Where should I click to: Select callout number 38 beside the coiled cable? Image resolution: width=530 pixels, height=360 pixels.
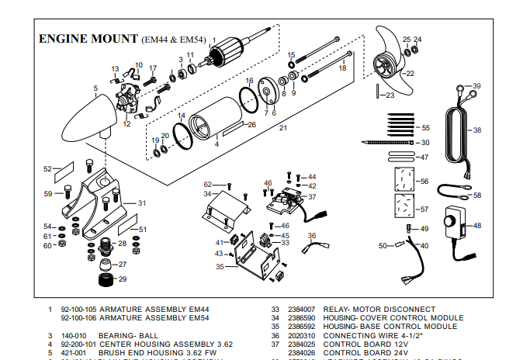click(477, 130)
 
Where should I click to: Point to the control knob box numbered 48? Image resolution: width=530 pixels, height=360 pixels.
click(451, 226)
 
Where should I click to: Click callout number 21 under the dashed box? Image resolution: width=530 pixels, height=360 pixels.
click(283, 127)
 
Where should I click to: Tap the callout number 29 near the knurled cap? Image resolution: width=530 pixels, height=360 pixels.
click(122, 279)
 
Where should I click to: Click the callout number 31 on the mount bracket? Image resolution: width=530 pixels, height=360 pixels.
click(142, 203)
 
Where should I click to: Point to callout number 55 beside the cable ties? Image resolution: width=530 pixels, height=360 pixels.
click(425, 127)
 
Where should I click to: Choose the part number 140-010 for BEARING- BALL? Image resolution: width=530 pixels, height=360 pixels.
click(74, 335)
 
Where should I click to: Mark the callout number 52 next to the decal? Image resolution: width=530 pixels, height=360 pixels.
click(47, 168)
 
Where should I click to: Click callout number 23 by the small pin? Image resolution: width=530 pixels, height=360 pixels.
click(390, 95)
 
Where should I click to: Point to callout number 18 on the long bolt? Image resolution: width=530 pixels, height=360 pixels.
click(342, 69)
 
